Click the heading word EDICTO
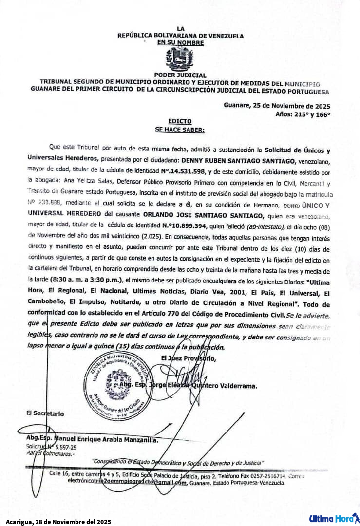tap(180, 121)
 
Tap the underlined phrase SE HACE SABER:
tap(180, 130)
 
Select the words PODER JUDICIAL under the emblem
tap(180, 75)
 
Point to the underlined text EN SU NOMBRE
tap(180, 43)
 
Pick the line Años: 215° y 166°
tap(303, 114)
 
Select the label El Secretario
tap(45, 413)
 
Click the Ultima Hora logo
tap(334, 518)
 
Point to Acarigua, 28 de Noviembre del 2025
tap(58, 521)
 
